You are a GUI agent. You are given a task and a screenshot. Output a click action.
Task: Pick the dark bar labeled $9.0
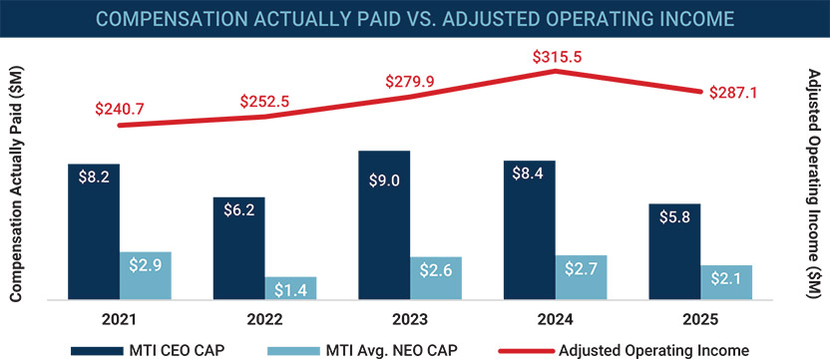pyautogui.click(x=383, y=224)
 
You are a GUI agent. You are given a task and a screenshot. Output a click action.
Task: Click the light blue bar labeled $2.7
pyautogui.click(x=581, y=276)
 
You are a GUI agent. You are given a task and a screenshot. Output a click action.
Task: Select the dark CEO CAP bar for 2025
pyautogui.click(x=673, y=251)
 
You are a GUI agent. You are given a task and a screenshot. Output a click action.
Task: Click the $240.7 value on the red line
pyautogui.click(x=120, y=108)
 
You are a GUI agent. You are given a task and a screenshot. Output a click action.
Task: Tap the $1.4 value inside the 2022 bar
pyautogui.click(x=290, y=289)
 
